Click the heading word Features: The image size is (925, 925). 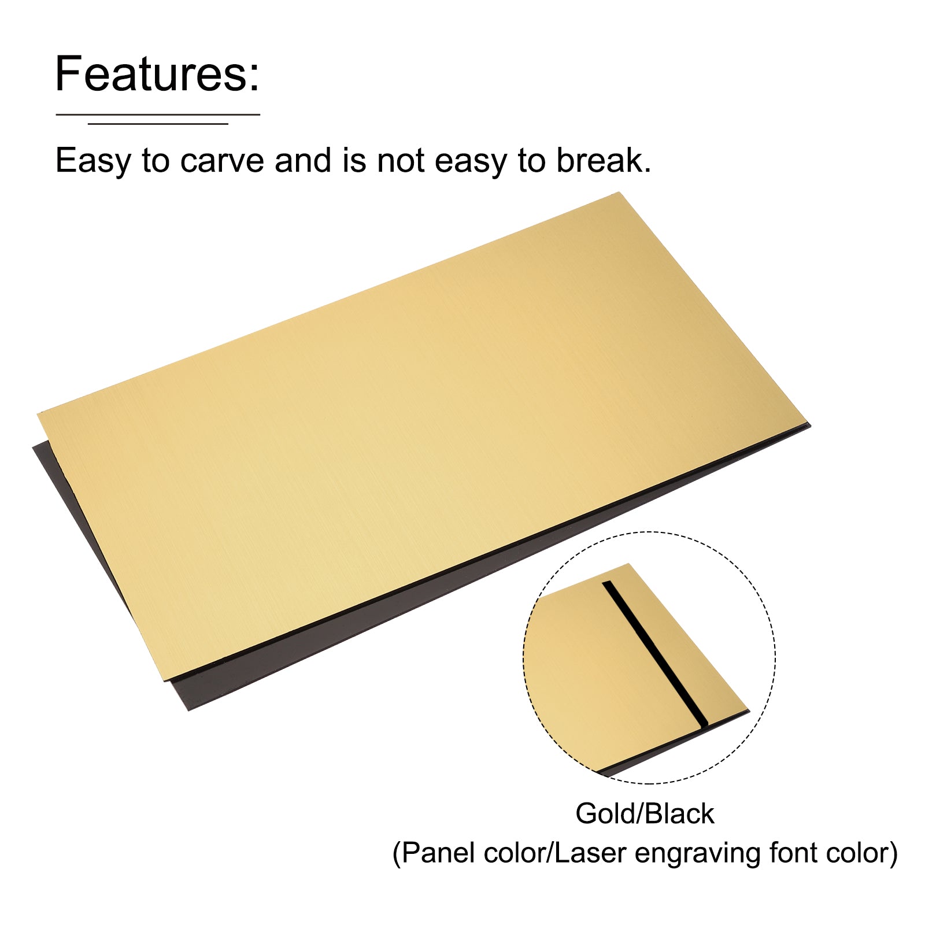[157, 73]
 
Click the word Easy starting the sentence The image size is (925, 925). [93, 161]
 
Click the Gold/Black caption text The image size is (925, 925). [645, 814]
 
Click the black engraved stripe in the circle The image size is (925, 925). [656, 653]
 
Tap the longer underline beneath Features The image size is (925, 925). [158, 114]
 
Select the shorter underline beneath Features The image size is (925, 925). [158, 123]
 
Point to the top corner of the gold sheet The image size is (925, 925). [619, 193]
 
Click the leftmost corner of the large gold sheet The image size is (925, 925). [38, 413]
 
